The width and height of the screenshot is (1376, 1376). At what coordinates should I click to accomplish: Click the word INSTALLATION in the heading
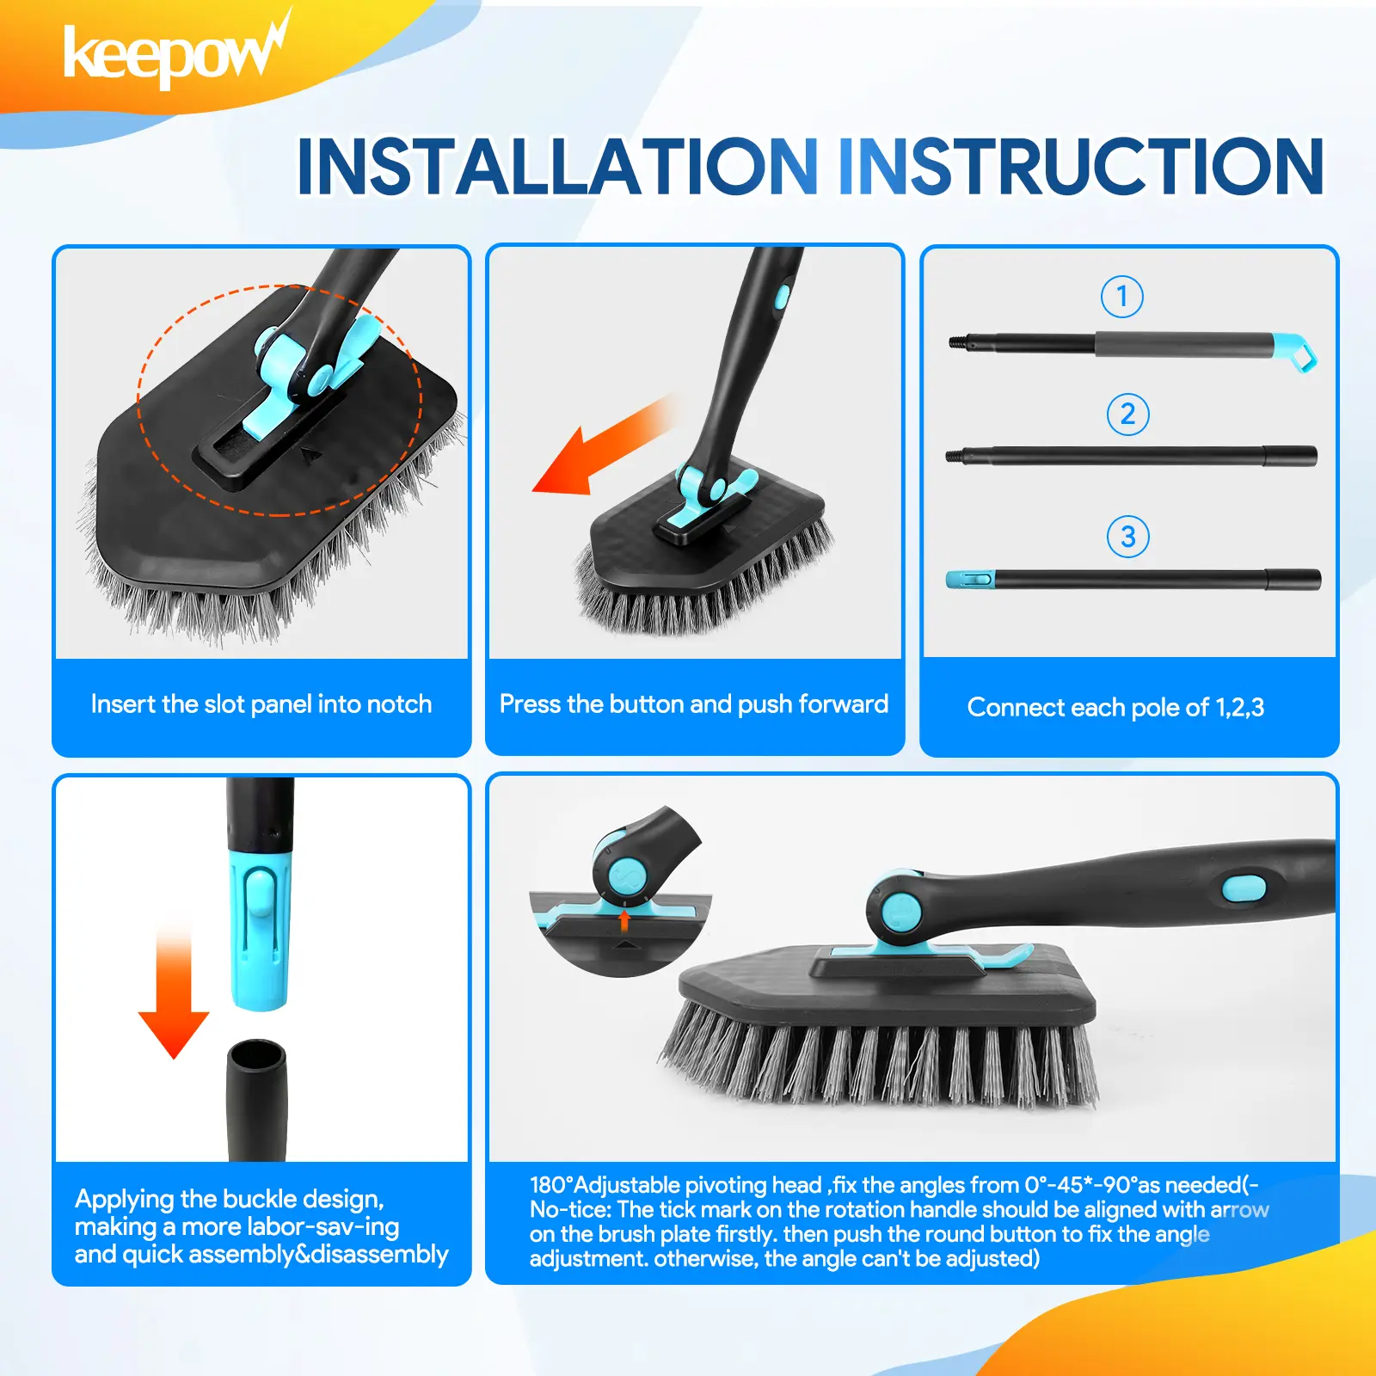coord(557,166)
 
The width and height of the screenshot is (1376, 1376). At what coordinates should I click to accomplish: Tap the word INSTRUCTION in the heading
coord(1081,166)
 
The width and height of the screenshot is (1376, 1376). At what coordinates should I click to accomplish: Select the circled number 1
coord(1122,297)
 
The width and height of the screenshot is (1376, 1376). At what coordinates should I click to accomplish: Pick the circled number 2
coord(1127,415)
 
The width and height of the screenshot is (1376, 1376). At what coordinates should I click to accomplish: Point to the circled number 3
coord(1127,537)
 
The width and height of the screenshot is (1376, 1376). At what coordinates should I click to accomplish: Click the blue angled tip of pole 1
coord(1295,351)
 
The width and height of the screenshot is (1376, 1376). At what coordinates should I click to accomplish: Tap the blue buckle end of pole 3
coord(970,579)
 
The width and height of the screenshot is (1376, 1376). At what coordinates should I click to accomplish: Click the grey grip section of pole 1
coord(1184,344)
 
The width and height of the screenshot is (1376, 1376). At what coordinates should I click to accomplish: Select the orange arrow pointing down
coord(174,993)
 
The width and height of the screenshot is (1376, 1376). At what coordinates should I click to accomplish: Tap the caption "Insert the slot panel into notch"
coord(261,704)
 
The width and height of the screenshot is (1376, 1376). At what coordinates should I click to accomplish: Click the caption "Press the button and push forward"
coord(694,704)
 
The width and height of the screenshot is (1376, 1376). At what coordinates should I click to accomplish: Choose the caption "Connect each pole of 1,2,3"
coord(1115,707)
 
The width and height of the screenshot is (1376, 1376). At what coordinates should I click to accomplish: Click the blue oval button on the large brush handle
coord(1244,888)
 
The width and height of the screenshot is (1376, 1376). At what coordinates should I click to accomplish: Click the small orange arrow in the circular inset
coord(625,921)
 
